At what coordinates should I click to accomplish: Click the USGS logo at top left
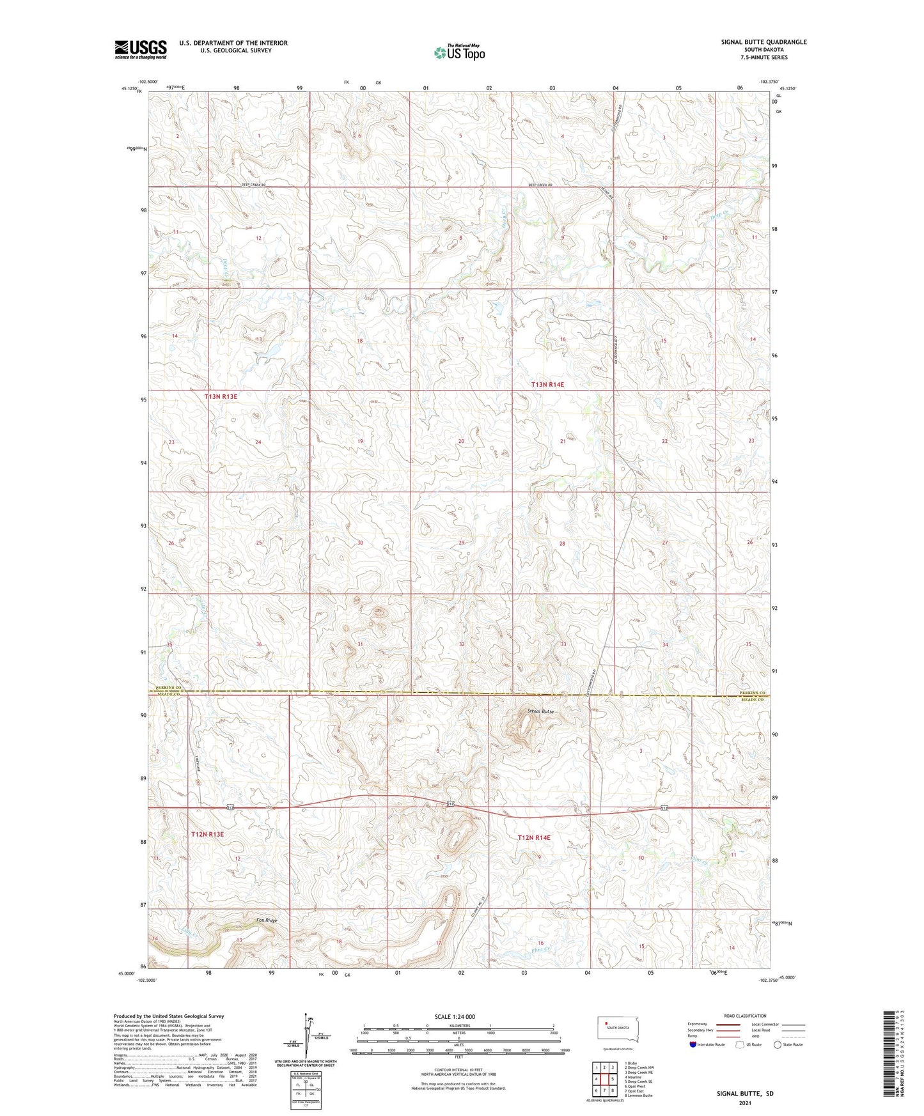[x=141, y=49]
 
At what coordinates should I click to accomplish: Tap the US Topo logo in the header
[x=459, y=52]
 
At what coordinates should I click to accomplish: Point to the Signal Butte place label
[x=541, y=711]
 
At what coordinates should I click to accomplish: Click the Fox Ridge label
[x=267, y=920]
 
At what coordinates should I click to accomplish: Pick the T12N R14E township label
[x=534, y=837]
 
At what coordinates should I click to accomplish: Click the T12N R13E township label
[x=207, y=834]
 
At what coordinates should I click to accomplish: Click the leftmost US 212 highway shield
[x=230, y=808]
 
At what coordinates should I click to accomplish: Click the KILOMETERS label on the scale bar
[x=458, y=1025]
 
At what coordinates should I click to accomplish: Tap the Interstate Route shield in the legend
[x=693, y=1044]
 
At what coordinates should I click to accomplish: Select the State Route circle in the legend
[x=778, y=1044]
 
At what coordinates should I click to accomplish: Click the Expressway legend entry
[x=701, y=1023]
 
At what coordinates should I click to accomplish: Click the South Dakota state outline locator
[x=614, y=1029]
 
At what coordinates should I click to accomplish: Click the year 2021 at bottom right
[x=745, y=1103]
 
